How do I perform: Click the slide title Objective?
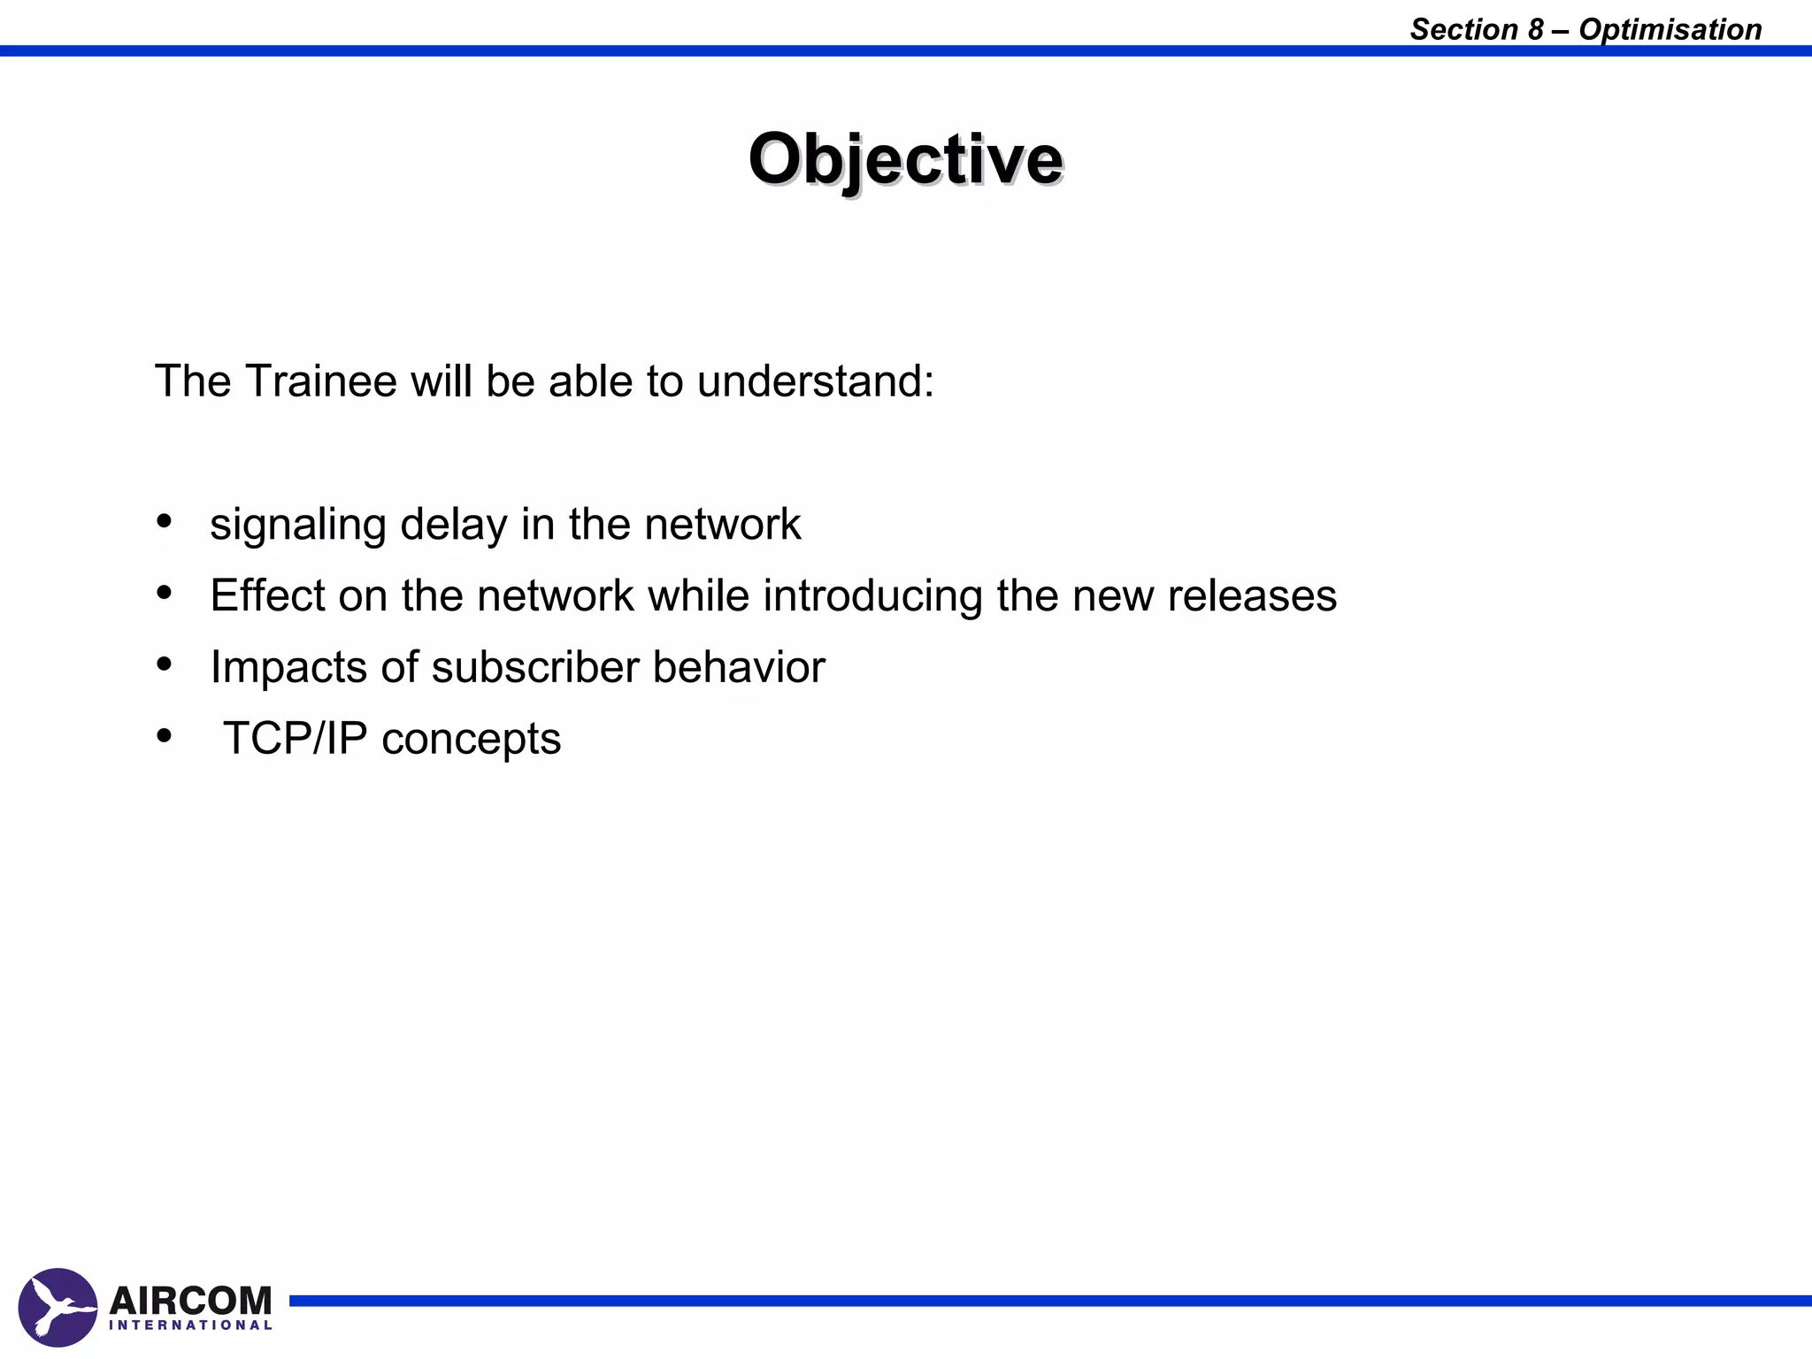point(905,159)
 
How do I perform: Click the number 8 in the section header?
point(1535,29)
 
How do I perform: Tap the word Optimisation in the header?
point(1670,29)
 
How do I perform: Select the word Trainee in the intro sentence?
point(320,381)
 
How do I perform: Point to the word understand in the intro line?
point(815,381)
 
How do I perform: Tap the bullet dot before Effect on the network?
point(164,592)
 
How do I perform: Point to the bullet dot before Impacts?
point(164,664)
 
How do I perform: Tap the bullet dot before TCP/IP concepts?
point(164,735)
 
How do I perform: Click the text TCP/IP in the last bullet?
point(295,739)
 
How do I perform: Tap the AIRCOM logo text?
point(190,1300)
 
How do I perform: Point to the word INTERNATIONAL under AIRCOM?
point(190,1325)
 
